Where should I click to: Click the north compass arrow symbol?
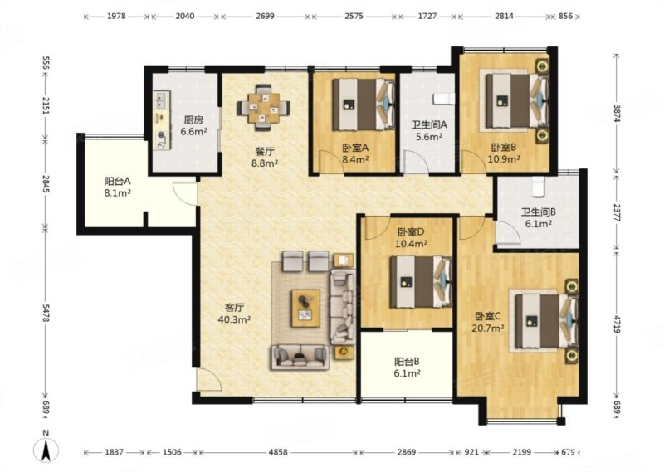(x=46, y=449)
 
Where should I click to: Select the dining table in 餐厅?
(x=264, y=108)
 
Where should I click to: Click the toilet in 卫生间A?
(x=443, y=99)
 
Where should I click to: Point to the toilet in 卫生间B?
(x=538, y=187)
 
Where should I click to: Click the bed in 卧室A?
(x=364, y=105)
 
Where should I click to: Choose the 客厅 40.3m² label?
(x=234, y=314)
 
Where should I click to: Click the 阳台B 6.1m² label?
(x=407, y=367)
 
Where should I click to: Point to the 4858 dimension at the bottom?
(x=278, y=452)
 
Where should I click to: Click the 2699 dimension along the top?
(x=265, y=16)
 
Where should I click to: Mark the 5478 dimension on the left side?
(x=46, y=313)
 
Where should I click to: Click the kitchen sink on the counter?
(x=161, y=100)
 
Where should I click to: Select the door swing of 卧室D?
(x=376, y=229)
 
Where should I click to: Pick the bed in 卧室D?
(x=421, y=282)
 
